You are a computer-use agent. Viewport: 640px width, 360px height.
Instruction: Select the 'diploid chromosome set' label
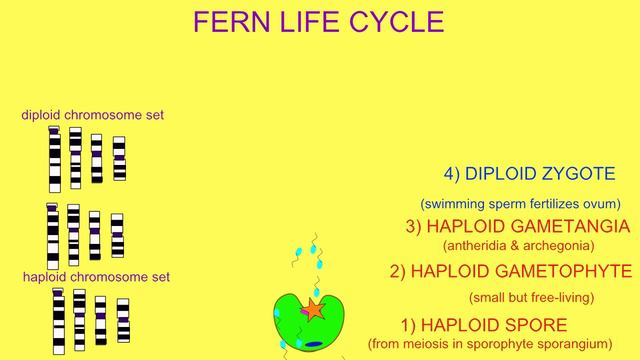pyautogui.click(x=93, y=115)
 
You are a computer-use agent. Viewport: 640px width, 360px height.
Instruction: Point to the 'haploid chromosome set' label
pyautogui.click(x=96, y=276)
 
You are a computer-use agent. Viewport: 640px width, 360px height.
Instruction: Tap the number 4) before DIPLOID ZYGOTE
pyautogui.click(x=452, y=173)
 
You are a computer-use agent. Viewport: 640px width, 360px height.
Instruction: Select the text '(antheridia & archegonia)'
pyautogui.click(x=518, y=245)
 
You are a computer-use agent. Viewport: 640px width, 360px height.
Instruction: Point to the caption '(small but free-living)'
pyautogui.click(x=531, y=297)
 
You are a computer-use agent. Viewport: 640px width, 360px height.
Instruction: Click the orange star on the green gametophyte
pyautogui.click(x=315, y=310)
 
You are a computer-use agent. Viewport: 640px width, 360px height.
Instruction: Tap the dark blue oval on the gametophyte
pyautogui.click(x=314, y=344)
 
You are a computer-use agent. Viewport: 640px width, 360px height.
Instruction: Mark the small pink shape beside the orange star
pyautogui.click(x=302, y=313)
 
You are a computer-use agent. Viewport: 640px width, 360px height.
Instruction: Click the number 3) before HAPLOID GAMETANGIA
pyautogui.click(x=415, y=226)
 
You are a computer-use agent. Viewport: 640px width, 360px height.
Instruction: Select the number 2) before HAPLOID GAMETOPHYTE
pyautogui.click(x=398, y=271)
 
